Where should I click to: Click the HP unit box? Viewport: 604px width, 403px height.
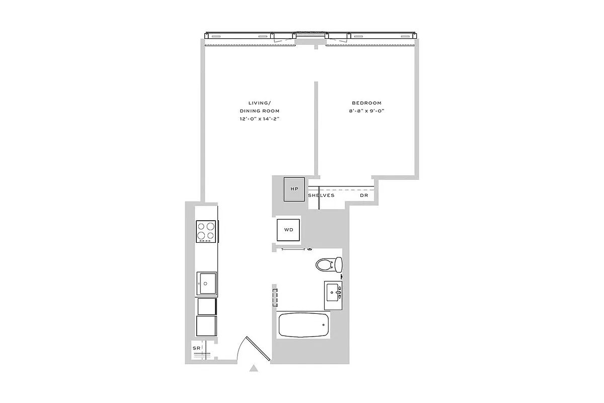(x=294, y=189)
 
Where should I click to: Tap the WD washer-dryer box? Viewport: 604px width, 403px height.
(x=288, y=230)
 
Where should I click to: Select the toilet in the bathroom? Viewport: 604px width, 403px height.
(x=330, y=264)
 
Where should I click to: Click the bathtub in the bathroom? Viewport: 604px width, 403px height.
(x=304, y=325)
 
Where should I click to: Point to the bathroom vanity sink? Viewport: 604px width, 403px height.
(x=333, y=291)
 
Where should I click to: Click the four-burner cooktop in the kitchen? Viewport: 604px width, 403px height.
(x=206, y=231)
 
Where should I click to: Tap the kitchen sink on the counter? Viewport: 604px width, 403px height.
(x=206, y=283)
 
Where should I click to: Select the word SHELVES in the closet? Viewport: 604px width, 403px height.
(x=321, y=195)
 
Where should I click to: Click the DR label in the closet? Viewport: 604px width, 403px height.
(x=363, y=195)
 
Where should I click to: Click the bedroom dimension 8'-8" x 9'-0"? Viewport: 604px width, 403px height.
(x=366, y=111)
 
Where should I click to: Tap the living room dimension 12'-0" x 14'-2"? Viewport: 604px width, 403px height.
(x=259, y=119)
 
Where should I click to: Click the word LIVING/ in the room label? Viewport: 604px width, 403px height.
(x=259, y=103)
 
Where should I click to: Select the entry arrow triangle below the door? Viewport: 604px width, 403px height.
(x=254, y=369)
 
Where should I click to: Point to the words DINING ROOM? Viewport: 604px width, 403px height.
(x=259, y=111)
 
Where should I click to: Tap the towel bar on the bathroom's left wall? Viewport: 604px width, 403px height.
(x=275, y=297)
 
